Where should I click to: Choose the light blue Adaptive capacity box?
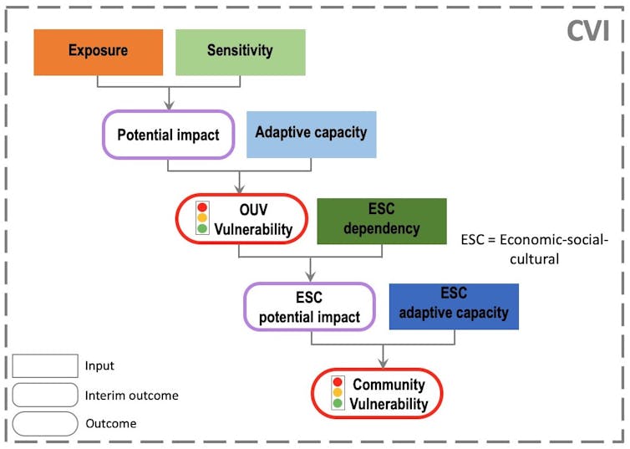coord(311,134)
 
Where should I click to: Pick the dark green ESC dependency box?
coord(381,221)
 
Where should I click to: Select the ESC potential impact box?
coord(309,307)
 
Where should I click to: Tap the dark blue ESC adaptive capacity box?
coord(454,306)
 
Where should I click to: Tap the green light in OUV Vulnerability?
coord(201,229)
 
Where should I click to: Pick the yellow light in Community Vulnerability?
coord(338,393)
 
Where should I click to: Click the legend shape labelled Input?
coord(45,366)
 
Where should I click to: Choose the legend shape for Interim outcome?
coord(45,395)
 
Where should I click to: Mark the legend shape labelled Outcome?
coord(45,423)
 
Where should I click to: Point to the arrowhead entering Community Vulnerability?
coord(384,362)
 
